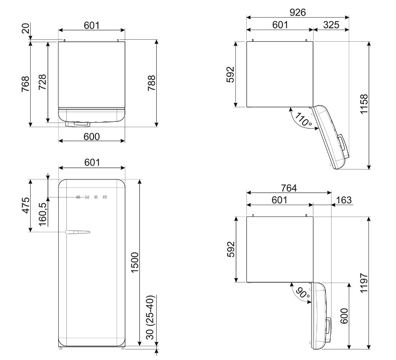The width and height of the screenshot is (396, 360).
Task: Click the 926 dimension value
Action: (298, 12)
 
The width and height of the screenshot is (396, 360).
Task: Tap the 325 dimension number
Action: (331, 25)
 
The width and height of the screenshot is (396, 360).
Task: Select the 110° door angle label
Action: (304, 120)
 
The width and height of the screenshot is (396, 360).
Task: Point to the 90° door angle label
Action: (303, 293)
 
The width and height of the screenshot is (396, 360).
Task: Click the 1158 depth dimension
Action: (364, 104)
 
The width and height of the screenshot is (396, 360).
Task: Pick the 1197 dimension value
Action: (364, 283)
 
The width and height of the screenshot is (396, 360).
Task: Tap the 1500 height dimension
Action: (135, 262)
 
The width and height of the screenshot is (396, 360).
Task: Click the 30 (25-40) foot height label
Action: (150, 317)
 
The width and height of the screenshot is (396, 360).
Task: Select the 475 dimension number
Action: (26, 205)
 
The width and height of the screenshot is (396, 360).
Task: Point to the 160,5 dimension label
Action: (43, 214)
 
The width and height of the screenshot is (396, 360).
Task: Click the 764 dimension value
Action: (289, 188)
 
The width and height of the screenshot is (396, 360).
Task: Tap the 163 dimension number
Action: (344, 200)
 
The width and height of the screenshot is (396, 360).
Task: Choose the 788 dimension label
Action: (152, 83)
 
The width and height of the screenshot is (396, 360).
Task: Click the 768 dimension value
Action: (26, 84)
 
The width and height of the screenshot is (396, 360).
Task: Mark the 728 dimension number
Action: (42, 82)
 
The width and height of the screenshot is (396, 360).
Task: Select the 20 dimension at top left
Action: (26, 28)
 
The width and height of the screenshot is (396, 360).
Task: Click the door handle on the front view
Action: (77, 232)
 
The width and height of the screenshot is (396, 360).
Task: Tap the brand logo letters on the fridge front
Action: (91, 197)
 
